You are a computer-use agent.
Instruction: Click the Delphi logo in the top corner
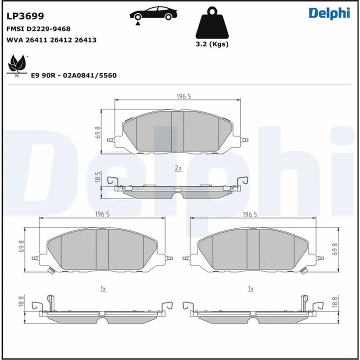328,13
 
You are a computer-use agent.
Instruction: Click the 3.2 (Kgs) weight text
212,44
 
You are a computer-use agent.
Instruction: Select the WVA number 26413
86,40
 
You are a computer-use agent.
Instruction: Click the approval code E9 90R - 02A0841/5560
73,75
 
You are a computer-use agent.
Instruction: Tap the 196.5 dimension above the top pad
183,96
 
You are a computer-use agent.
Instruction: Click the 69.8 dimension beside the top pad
98,132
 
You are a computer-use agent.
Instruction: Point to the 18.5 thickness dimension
98,177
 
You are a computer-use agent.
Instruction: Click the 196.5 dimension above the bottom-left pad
102,214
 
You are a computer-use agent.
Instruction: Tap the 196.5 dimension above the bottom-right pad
249,214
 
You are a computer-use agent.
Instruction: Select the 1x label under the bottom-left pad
102,289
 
